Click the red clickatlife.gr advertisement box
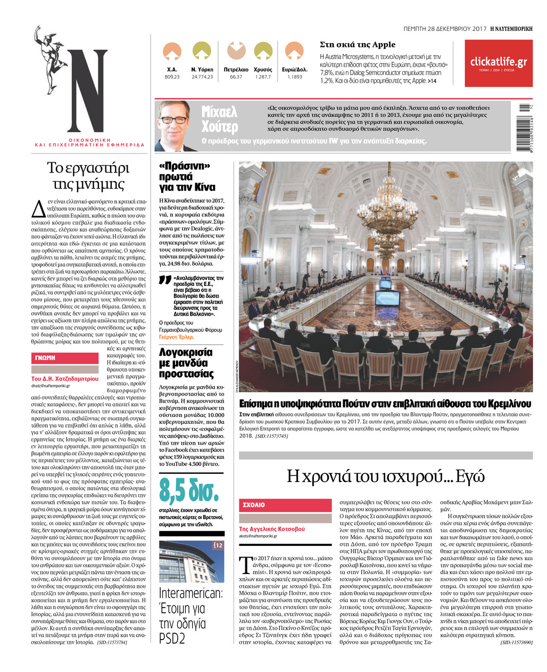498,63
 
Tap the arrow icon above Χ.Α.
172,52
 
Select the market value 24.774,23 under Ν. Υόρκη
202,77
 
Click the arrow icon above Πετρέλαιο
236,52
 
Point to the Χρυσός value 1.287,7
263,77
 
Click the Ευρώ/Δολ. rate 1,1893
295,77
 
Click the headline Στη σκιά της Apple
358,45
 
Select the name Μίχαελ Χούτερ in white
219,119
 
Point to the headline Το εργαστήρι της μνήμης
88,176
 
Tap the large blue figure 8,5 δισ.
189,492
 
